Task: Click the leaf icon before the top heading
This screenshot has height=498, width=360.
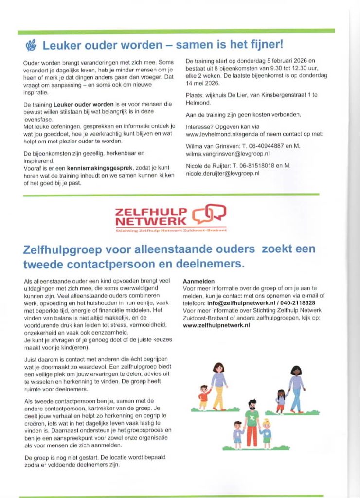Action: pyautogui.click(x=31, y=46)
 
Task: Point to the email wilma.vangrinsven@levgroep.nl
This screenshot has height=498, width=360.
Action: pyautogui.click(x=228, y=153)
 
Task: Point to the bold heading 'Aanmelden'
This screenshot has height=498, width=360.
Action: pyautogui.click(x=198, y=281)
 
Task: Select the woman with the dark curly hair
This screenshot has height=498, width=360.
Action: pyautogui.click(x=296, y=387)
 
